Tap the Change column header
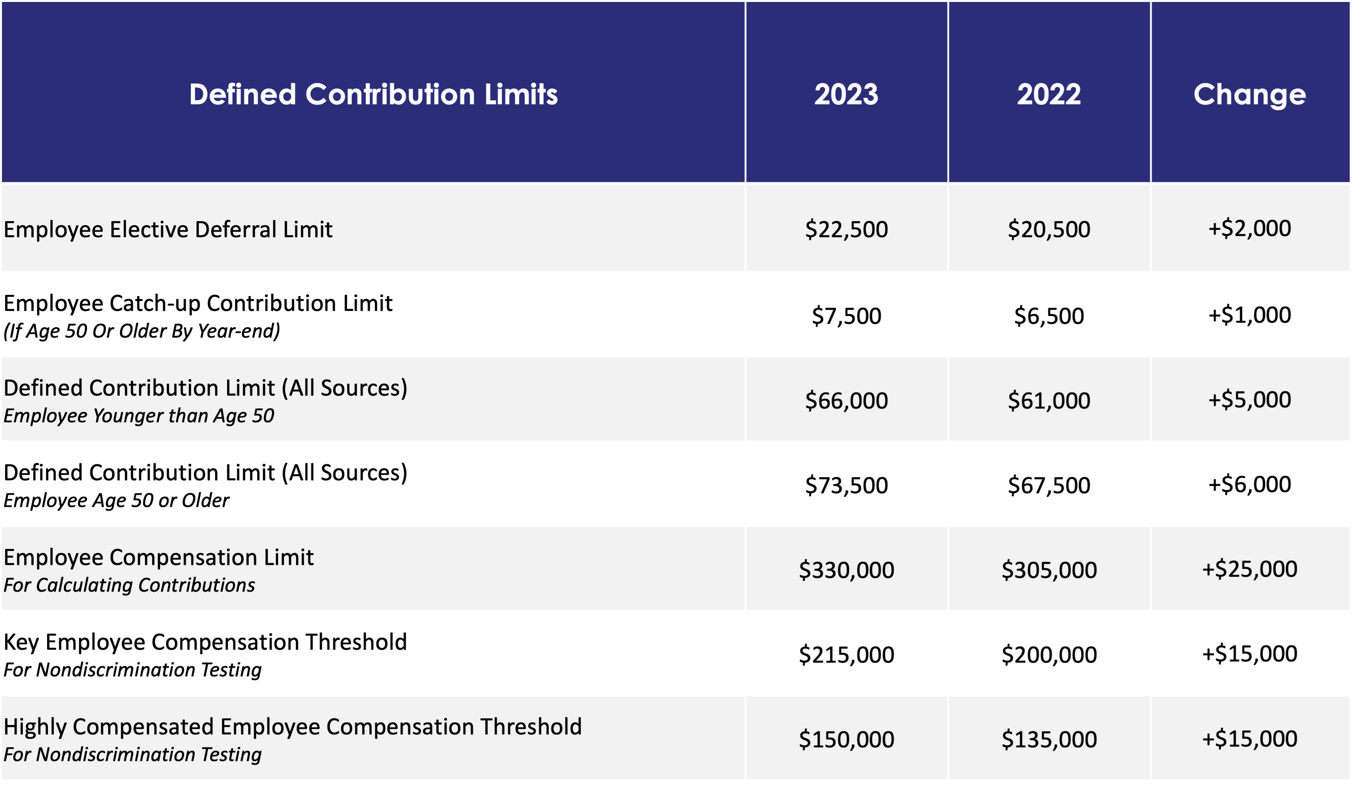pos(1249,95)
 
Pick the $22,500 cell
pos(846,229)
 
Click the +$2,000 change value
pos(1249,228)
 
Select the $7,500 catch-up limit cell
pos(846,316)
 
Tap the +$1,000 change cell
pos(1249,314)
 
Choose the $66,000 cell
pos(846,400)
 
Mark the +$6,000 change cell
pos(1249,484)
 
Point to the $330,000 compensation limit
pos(846,570)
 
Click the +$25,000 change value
pos(1249,569)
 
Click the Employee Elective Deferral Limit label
pos(168,229)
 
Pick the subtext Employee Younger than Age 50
pos(138,416)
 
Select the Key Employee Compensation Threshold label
pos(205,642)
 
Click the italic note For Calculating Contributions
pos(129,585)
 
